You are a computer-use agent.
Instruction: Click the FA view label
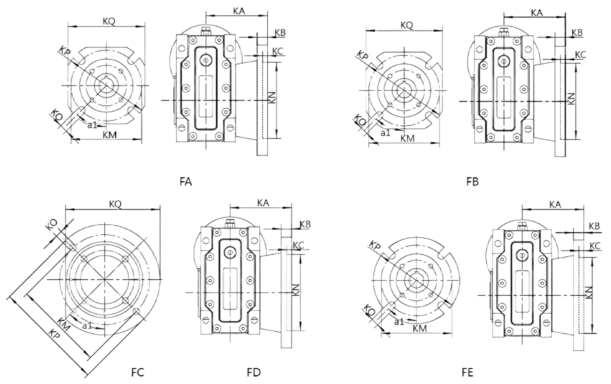(186, 182)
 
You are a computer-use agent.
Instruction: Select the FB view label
(472, 182)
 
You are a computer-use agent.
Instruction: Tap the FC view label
(138, 372)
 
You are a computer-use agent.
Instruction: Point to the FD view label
(254, 372)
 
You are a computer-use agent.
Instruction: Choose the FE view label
(467, 372)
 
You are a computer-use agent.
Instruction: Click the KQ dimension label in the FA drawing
(109, 21)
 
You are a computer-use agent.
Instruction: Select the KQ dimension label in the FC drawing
(115, 204)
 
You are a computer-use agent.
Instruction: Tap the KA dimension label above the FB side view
(537, 13)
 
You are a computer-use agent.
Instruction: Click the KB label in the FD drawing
(305, 224)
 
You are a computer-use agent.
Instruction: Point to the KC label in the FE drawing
(595, 246)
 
